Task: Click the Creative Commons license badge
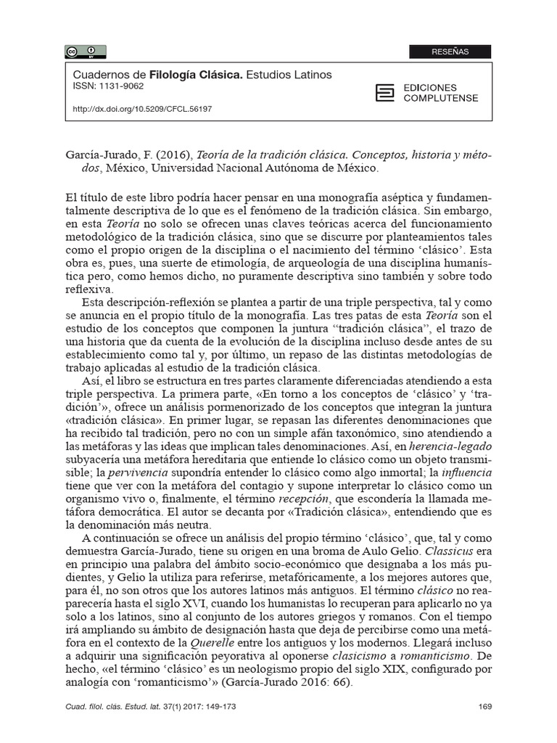coord(86,51)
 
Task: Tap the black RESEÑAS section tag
coord(450,52)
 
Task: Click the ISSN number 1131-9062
coord(109,86)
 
